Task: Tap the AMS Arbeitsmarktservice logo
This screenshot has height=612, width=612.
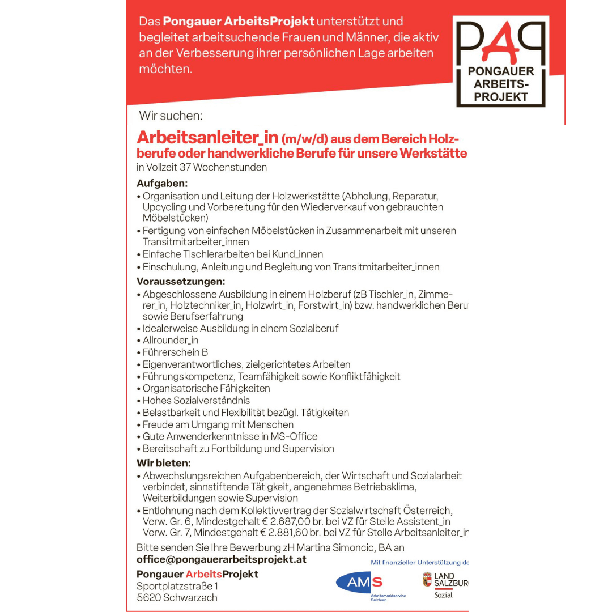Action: pos(360,583)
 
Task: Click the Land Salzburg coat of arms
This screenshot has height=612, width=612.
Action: pos(427,580)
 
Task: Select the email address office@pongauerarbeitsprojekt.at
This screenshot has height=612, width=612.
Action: pos(222,559)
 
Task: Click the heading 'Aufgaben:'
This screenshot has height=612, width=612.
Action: pos(162,184)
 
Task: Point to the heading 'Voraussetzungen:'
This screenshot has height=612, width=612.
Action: pos(181,281)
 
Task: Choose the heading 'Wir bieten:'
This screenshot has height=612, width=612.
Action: pos(164,463)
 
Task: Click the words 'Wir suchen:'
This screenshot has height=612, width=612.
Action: pos(171,116)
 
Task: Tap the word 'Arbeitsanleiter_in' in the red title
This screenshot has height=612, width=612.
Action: pos(207,138)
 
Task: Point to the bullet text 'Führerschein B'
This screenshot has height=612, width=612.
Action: pos(176,352)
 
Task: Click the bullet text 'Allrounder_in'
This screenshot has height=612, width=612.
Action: pos(171,341)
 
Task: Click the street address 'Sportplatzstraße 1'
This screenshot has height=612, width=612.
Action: pos(177,586)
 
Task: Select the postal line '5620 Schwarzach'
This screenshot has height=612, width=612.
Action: pos(177,598)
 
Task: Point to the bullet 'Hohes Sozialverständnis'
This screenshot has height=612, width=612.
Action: pos(196,401)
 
